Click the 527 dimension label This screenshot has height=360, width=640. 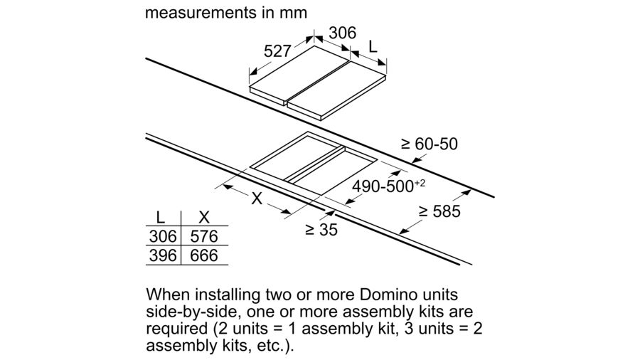click(278, 51)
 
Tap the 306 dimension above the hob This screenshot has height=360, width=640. click(343, 33)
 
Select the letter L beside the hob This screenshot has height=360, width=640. click(372, 48)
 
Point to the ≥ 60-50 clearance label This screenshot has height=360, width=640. click(430, 144)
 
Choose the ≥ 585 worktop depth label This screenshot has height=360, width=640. click(439, 211)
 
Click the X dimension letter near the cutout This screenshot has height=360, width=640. click(256, 199)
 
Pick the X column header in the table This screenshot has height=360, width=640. click(204, 218)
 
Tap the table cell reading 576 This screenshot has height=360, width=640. click(203, 236)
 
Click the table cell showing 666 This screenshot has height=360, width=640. click(203, 255)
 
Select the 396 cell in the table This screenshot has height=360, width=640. click(162, 255)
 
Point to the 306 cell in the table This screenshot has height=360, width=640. click(162, 236)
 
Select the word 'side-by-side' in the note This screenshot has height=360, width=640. click(192, 312)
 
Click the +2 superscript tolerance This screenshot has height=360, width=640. click(420, 183)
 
